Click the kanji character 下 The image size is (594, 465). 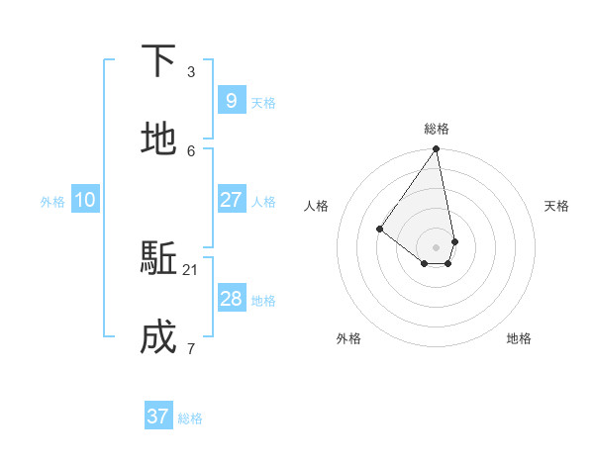point(158,61)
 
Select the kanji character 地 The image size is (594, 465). point(158,139)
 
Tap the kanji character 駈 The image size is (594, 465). point(158,259)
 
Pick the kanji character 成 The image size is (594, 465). point(158,338)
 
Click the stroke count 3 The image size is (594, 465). point(191,71)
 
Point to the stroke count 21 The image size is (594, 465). point(191,269)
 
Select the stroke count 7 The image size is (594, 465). point(191,348)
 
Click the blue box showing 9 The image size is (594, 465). point(231,100)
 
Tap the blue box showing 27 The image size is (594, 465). point(231,199)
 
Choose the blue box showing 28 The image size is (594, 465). point(231,299)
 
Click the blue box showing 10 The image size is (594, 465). point(85,200)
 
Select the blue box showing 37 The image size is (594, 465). point(158,417)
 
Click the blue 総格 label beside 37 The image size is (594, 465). point(190,418)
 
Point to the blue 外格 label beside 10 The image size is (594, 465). point(52,202)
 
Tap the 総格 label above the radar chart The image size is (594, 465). point(437,129)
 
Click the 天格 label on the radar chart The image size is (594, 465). point(556,206)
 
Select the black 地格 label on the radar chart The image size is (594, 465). point(519,338)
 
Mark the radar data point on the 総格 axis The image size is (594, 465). point(437,149)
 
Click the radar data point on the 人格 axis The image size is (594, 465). point(379,229)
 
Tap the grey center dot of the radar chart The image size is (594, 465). point(437,247)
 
